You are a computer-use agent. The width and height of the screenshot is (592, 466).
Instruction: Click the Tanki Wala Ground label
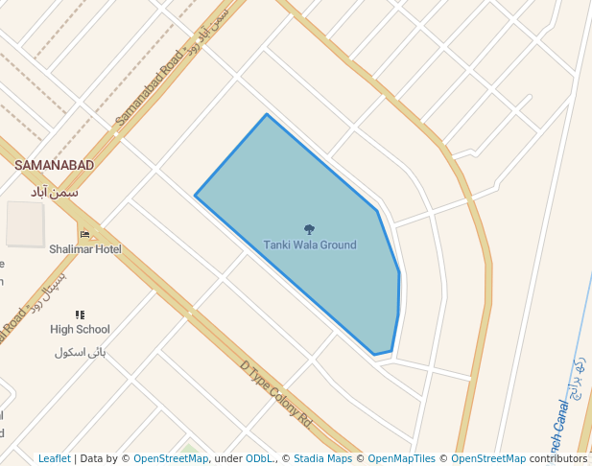click(310, 245)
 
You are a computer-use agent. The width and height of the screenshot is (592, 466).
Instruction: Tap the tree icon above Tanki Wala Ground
click(309, 229)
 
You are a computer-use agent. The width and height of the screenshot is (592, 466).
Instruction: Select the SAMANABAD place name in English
click(55, 166)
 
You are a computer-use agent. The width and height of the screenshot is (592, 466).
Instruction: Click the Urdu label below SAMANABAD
click(55, 192)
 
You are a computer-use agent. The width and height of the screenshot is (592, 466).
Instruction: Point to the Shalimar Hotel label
click(85, 249)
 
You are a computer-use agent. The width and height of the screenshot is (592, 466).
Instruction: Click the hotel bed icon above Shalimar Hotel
click(84, 234)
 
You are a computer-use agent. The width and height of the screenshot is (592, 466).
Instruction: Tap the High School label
click(80, 330)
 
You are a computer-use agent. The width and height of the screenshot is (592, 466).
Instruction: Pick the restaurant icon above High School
click(80, 315)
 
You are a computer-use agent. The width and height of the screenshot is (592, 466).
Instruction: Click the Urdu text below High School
click(80, 352)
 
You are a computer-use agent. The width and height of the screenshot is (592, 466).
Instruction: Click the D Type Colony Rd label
click(276, 393)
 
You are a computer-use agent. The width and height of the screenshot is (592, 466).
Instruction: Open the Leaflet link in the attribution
click(54, 459)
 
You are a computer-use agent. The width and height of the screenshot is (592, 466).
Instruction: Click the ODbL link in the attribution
click(259, 459)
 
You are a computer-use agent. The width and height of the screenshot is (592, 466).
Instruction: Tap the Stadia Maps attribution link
click(322, 459)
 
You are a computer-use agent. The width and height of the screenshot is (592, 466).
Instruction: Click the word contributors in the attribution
click(557, 459)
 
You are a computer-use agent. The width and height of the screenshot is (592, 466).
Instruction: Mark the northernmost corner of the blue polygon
click(266, 115)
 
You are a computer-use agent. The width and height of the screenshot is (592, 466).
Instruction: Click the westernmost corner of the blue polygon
click(196, 196)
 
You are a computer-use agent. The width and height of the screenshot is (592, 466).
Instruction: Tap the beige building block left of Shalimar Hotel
click(25, 223)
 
